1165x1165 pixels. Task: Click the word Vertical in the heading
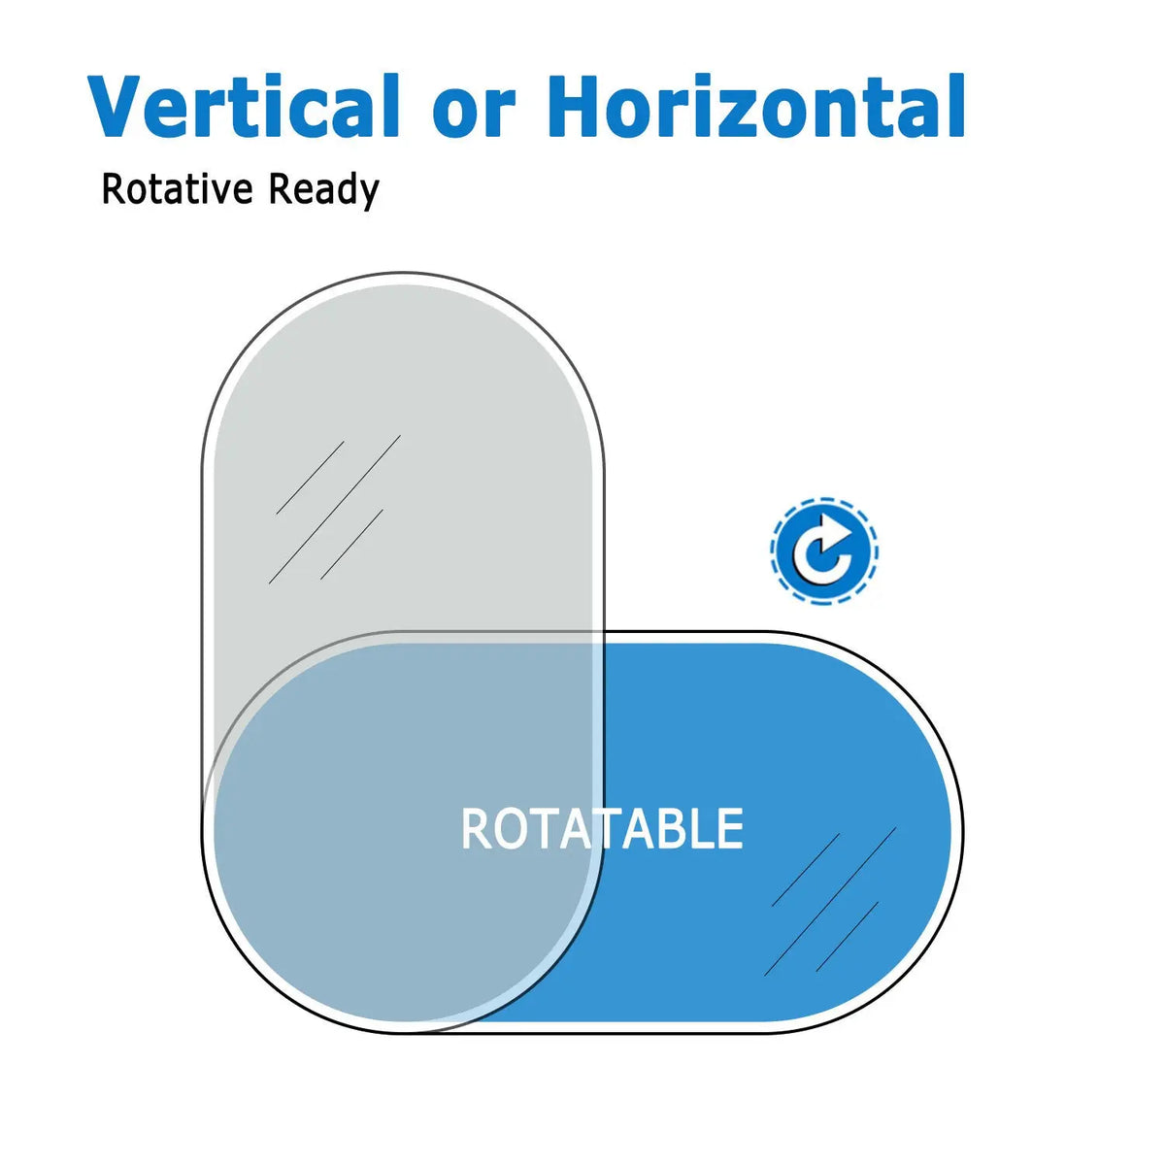(x=243, y=106)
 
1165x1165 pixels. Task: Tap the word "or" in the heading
(x=474, y=114)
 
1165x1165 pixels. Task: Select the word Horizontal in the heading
(x=755, y=106)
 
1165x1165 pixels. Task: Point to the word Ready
(x=323, y=190)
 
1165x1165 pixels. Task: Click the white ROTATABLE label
(x=602, y=828)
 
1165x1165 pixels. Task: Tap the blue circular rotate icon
(x=824, y=551)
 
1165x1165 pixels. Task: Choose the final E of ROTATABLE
(x=732, y=828)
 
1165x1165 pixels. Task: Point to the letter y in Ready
(x=369, y=195)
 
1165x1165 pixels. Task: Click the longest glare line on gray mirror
(x=334, y=509)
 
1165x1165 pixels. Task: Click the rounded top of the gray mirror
(x=403, y=280)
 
